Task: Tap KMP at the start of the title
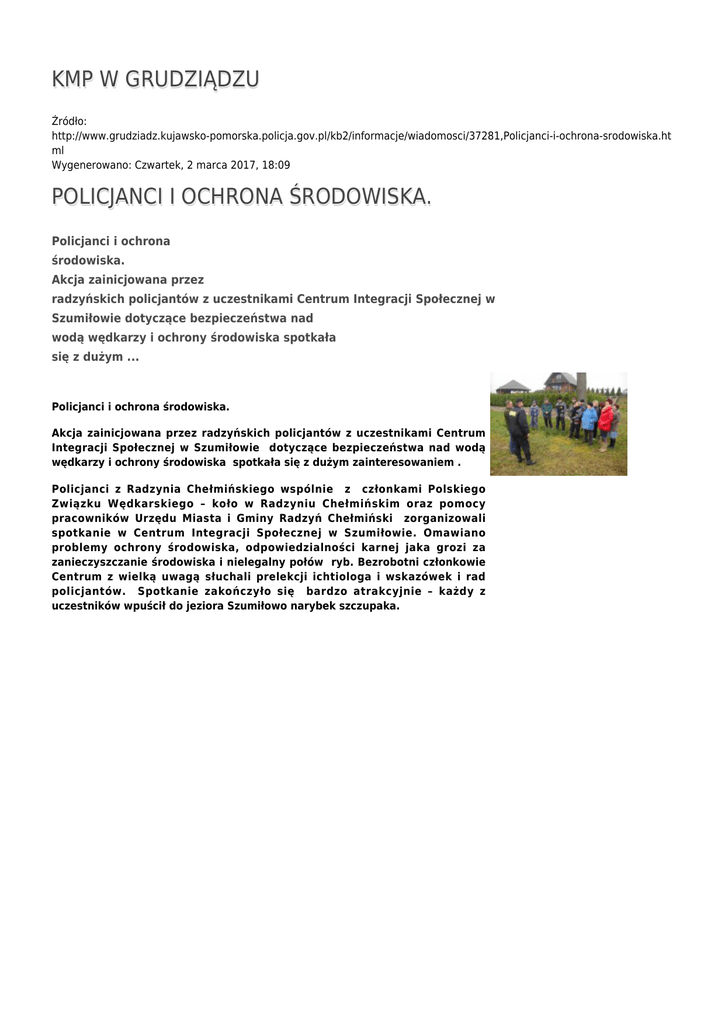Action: point(73,79)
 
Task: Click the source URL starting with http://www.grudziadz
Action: point(360,135)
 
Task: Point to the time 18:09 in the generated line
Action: point(277,164)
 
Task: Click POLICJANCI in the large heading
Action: point(107,197)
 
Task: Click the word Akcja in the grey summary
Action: point(70,280)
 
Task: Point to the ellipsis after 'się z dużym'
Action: point(133,357)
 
